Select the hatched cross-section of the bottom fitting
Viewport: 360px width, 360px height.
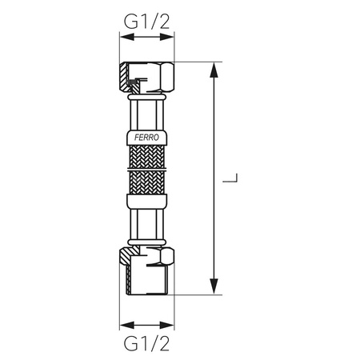[127, 276]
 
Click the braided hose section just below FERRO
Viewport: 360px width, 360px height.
[146, 156]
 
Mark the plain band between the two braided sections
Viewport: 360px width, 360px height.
[146, 169]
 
